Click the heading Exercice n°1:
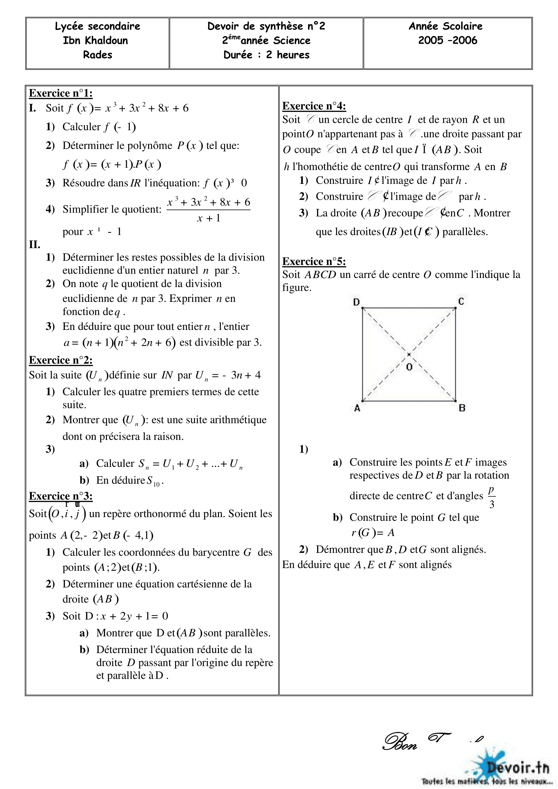tap(60, 93)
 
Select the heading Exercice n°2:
tap(60, 360)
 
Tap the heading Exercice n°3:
tap(60, 496)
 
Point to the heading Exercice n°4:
tap(314, 106)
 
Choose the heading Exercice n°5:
tap(314, 261)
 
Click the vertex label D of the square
tap(356, 302)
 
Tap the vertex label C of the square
tap(461, 301)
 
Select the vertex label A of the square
tap(357, 408)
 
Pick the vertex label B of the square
tap(462, 408)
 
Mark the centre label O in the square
tap(409, 367)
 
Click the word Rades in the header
tap(97, 55)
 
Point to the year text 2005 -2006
tap(447, 40)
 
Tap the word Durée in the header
tap(238, 55)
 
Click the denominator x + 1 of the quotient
tap(208, 218)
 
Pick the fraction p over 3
tap(492, 497)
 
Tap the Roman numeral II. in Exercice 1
tap(35, 245)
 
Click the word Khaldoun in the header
tap(106, 40)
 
